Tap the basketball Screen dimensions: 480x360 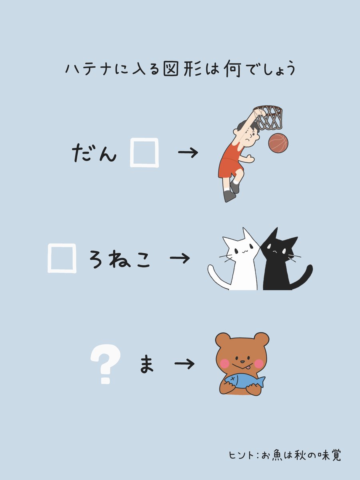278,143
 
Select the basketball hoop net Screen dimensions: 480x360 269,117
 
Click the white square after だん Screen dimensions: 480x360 144,152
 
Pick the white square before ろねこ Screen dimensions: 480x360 62,258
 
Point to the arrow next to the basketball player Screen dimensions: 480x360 188,153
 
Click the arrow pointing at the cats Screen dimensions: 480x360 180,258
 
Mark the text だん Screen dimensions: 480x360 94,153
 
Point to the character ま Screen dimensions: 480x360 147,364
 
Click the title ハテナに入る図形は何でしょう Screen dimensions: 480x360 180,69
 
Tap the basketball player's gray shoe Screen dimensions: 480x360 229,196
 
